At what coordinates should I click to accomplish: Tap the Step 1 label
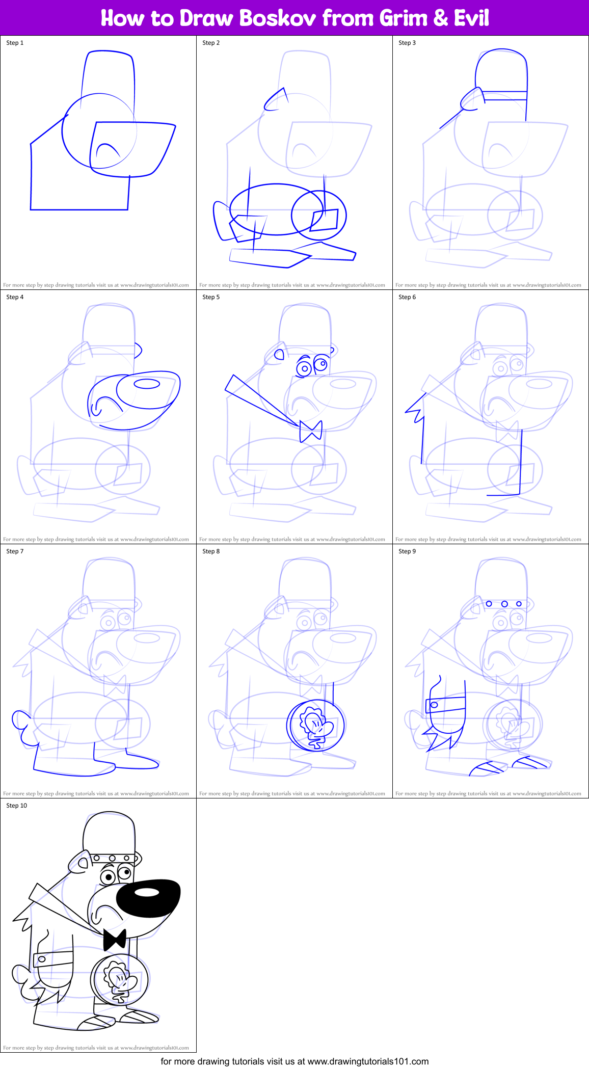coord(15,43)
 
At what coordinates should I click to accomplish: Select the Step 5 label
coord(211,297)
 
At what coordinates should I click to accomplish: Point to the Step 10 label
coord(16,806)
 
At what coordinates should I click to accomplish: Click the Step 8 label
coord(211,551)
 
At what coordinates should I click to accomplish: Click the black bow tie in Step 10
coord(115,939)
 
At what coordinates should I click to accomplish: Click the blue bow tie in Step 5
coord(311,431)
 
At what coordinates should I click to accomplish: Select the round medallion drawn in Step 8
coord(315,726)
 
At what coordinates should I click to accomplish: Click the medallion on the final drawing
coord(120,979)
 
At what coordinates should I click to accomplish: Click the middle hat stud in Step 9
coord(504,604)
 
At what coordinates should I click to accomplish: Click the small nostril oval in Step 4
coord(147,384)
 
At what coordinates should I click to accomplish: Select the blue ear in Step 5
coord(279,355)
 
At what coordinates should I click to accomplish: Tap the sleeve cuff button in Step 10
coord(42,959)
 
